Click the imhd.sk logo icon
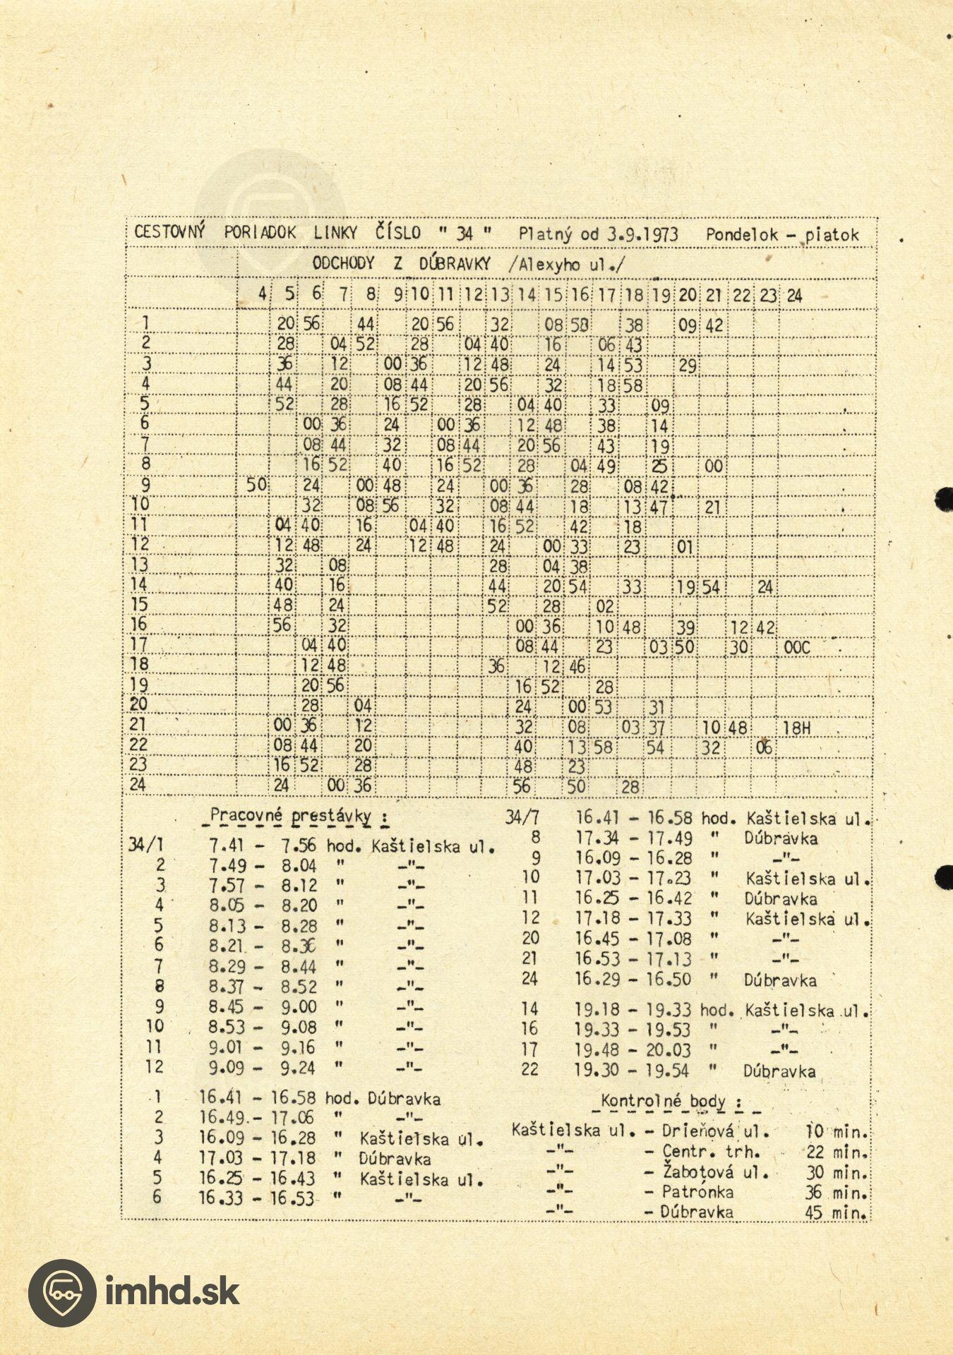(x=61, y=1293)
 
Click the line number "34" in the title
(x=464, y=234)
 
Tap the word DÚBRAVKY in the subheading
(x=455, y=265)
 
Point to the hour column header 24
(x=794, y=295)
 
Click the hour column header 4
(x=262, y=294)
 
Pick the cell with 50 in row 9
(x=256, y=486)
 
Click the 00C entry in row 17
(x=797, y=647)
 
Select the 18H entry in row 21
(x=797, y=728)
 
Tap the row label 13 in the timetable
(x=139, y=565)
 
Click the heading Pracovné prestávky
(x=290, y=817)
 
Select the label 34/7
(x=522, y=818)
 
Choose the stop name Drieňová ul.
(x=715, y=1131)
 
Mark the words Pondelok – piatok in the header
(x=782, y=235)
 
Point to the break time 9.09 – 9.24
(x=263, y=1068)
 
